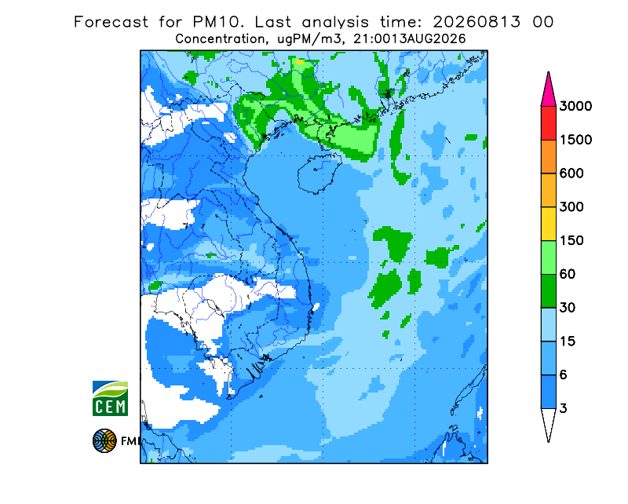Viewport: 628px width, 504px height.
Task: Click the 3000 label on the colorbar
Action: point(575,106)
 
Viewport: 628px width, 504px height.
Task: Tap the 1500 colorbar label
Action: point(575,140)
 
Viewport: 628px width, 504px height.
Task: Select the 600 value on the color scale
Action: point(571,173)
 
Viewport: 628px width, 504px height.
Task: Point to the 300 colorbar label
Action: point(571,207)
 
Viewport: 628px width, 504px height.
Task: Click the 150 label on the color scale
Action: point(571,241)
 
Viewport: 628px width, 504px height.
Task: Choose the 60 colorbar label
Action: point(568,275)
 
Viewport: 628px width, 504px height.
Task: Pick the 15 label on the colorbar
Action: point(568,341)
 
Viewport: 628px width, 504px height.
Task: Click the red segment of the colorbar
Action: point(548,123)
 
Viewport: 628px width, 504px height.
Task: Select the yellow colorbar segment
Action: point(548,224)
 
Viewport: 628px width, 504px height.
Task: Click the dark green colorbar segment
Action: point(548,291)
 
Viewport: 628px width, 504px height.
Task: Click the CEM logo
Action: point(110,398)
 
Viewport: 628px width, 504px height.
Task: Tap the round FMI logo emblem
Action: point(104,440)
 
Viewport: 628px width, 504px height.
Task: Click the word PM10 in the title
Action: point(218,22)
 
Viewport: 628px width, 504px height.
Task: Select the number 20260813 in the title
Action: point(476,22)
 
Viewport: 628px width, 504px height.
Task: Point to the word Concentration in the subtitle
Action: point(221,39)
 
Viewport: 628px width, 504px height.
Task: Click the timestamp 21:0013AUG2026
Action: point(409,39)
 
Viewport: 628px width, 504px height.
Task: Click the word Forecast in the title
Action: point(111,22)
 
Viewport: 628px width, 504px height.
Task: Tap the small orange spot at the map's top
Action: point(300,62)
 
